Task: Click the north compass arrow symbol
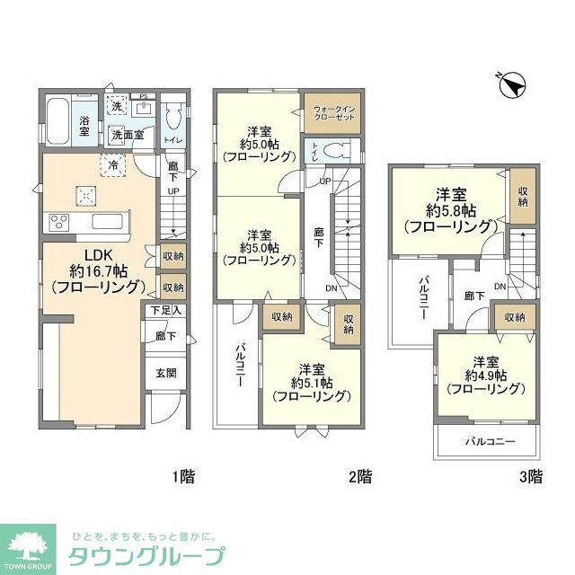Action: point(514,86)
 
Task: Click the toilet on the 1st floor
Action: point(175,116)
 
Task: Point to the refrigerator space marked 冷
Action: point(113,165)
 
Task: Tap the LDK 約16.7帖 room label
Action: point(93,273)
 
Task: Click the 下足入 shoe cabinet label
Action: point(165,311)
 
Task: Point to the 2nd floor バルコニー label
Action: point(241,364)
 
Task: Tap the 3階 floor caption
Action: point(530,476)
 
